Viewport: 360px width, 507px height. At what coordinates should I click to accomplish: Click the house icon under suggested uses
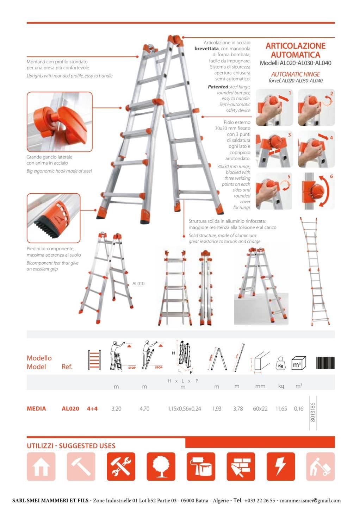coord(41,466)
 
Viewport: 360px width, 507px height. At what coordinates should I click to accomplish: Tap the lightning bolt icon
coord(280,466)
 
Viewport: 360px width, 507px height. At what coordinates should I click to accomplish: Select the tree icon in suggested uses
coord(161,466)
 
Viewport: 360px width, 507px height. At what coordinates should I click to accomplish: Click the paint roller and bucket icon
coord(201,466)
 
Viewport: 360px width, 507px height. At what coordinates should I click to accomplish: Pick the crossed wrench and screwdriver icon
coord(121,466)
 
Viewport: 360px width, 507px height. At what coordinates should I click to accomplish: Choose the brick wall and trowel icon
coord(241,466)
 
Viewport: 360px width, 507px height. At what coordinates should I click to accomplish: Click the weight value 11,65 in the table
coord(281,408)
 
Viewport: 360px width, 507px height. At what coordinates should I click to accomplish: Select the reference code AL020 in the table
coord(70,408)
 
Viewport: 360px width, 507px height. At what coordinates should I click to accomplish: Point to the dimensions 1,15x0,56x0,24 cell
coord(184,408)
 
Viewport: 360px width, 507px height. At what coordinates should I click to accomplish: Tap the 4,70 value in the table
coord(144,408)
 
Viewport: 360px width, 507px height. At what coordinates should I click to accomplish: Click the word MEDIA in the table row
coord(36,408)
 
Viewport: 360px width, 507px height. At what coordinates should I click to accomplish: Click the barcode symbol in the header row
coord(325,363)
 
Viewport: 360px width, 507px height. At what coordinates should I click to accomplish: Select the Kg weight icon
coord(280,363)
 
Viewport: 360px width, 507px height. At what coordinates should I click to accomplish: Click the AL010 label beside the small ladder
coord(138,283)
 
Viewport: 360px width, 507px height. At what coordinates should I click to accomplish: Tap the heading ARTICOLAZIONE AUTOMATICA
coord(296,50)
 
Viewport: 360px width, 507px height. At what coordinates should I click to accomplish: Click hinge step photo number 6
coord(316,191)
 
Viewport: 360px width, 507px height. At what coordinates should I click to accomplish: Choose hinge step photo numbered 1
coord(274,107)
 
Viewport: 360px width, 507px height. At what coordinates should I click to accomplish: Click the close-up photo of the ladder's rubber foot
coord(54,218)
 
